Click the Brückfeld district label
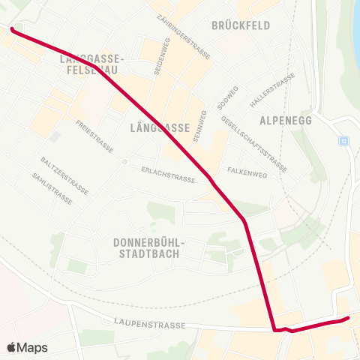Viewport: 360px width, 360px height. (x=240, y=25)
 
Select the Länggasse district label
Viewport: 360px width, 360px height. (x=159, y=127)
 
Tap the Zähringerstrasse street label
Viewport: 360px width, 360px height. (x=184, y=37)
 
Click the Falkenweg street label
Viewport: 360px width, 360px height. (x=247, y=172)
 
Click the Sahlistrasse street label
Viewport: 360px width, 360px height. (x=52, y=188)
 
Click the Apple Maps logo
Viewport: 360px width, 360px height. (x=27, y=347)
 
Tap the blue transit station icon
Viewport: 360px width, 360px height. (x=343, y=140)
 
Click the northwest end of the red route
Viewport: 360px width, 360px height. (x=12, y=28)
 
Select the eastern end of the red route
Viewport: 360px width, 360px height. (x=348, y=318)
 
